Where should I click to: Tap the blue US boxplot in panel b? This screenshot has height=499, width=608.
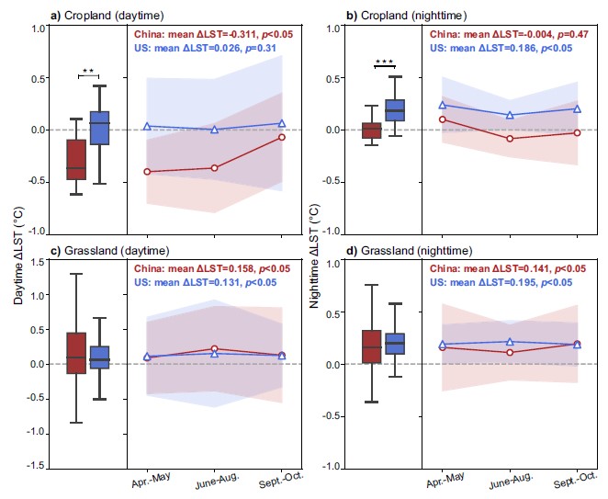(x=395, y=110)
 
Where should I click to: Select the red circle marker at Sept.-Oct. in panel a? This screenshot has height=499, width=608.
(x=282, y=137)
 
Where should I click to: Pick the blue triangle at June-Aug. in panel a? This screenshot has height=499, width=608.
(x=215, y=130)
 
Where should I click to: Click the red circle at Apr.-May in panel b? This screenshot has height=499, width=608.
(x=443, y=119)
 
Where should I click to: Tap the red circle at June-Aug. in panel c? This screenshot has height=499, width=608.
(x=215, y=349)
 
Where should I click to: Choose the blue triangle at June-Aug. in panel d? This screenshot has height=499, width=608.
(x=511, y=342)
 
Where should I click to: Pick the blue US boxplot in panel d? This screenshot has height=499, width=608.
(x=395, y=344)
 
